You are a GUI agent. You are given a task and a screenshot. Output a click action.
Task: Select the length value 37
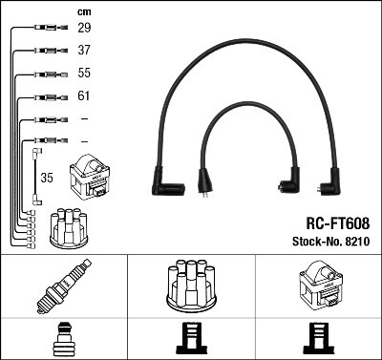84,52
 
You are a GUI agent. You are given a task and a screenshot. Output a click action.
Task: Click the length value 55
84,74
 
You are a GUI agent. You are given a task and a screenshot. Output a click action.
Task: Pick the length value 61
84,96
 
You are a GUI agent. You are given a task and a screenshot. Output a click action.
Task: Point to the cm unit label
83,11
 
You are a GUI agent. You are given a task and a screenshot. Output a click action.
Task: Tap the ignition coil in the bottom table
319,285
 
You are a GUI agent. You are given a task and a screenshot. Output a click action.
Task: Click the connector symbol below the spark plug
63,338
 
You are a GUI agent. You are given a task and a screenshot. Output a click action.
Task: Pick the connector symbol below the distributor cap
189,338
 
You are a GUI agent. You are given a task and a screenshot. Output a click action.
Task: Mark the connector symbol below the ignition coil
318,338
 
